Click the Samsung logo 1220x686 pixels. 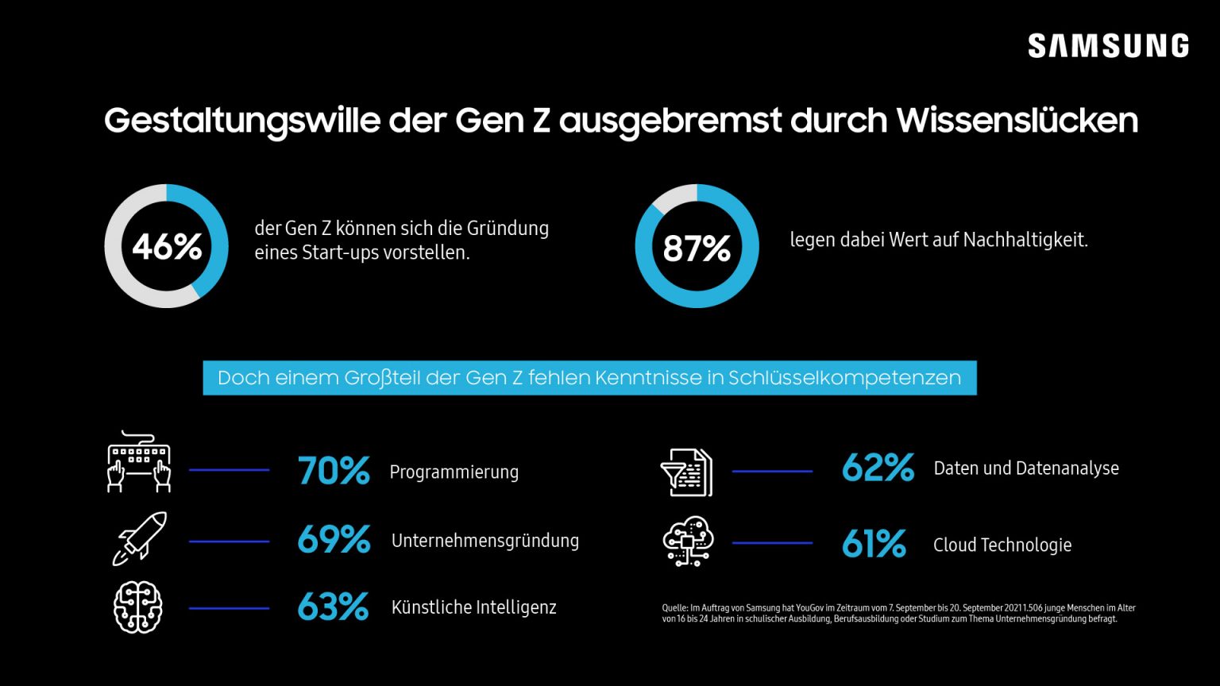point(1108,46)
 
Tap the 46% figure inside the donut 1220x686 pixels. point(167,247)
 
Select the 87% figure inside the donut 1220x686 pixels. point(697,249)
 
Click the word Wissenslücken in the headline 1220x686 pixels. point(1017,121)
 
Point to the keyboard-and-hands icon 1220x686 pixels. point(140,462)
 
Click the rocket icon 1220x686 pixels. point(140,538)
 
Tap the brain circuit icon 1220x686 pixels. point(138,607)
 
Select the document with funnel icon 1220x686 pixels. point(687,472)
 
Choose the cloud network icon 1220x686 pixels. point(688,541)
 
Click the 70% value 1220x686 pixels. point(334,471)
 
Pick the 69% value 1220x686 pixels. point(334,540)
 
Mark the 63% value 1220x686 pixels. point(333,607)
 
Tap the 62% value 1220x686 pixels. point(878,468)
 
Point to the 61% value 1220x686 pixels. point(874,544)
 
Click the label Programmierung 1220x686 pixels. point(454,472)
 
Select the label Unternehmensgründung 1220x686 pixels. point(485,541)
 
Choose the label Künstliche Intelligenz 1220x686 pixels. point(474,607)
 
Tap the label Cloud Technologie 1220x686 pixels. point(1002,545)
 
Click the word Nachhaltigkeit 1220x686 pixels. point(1024,239)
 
